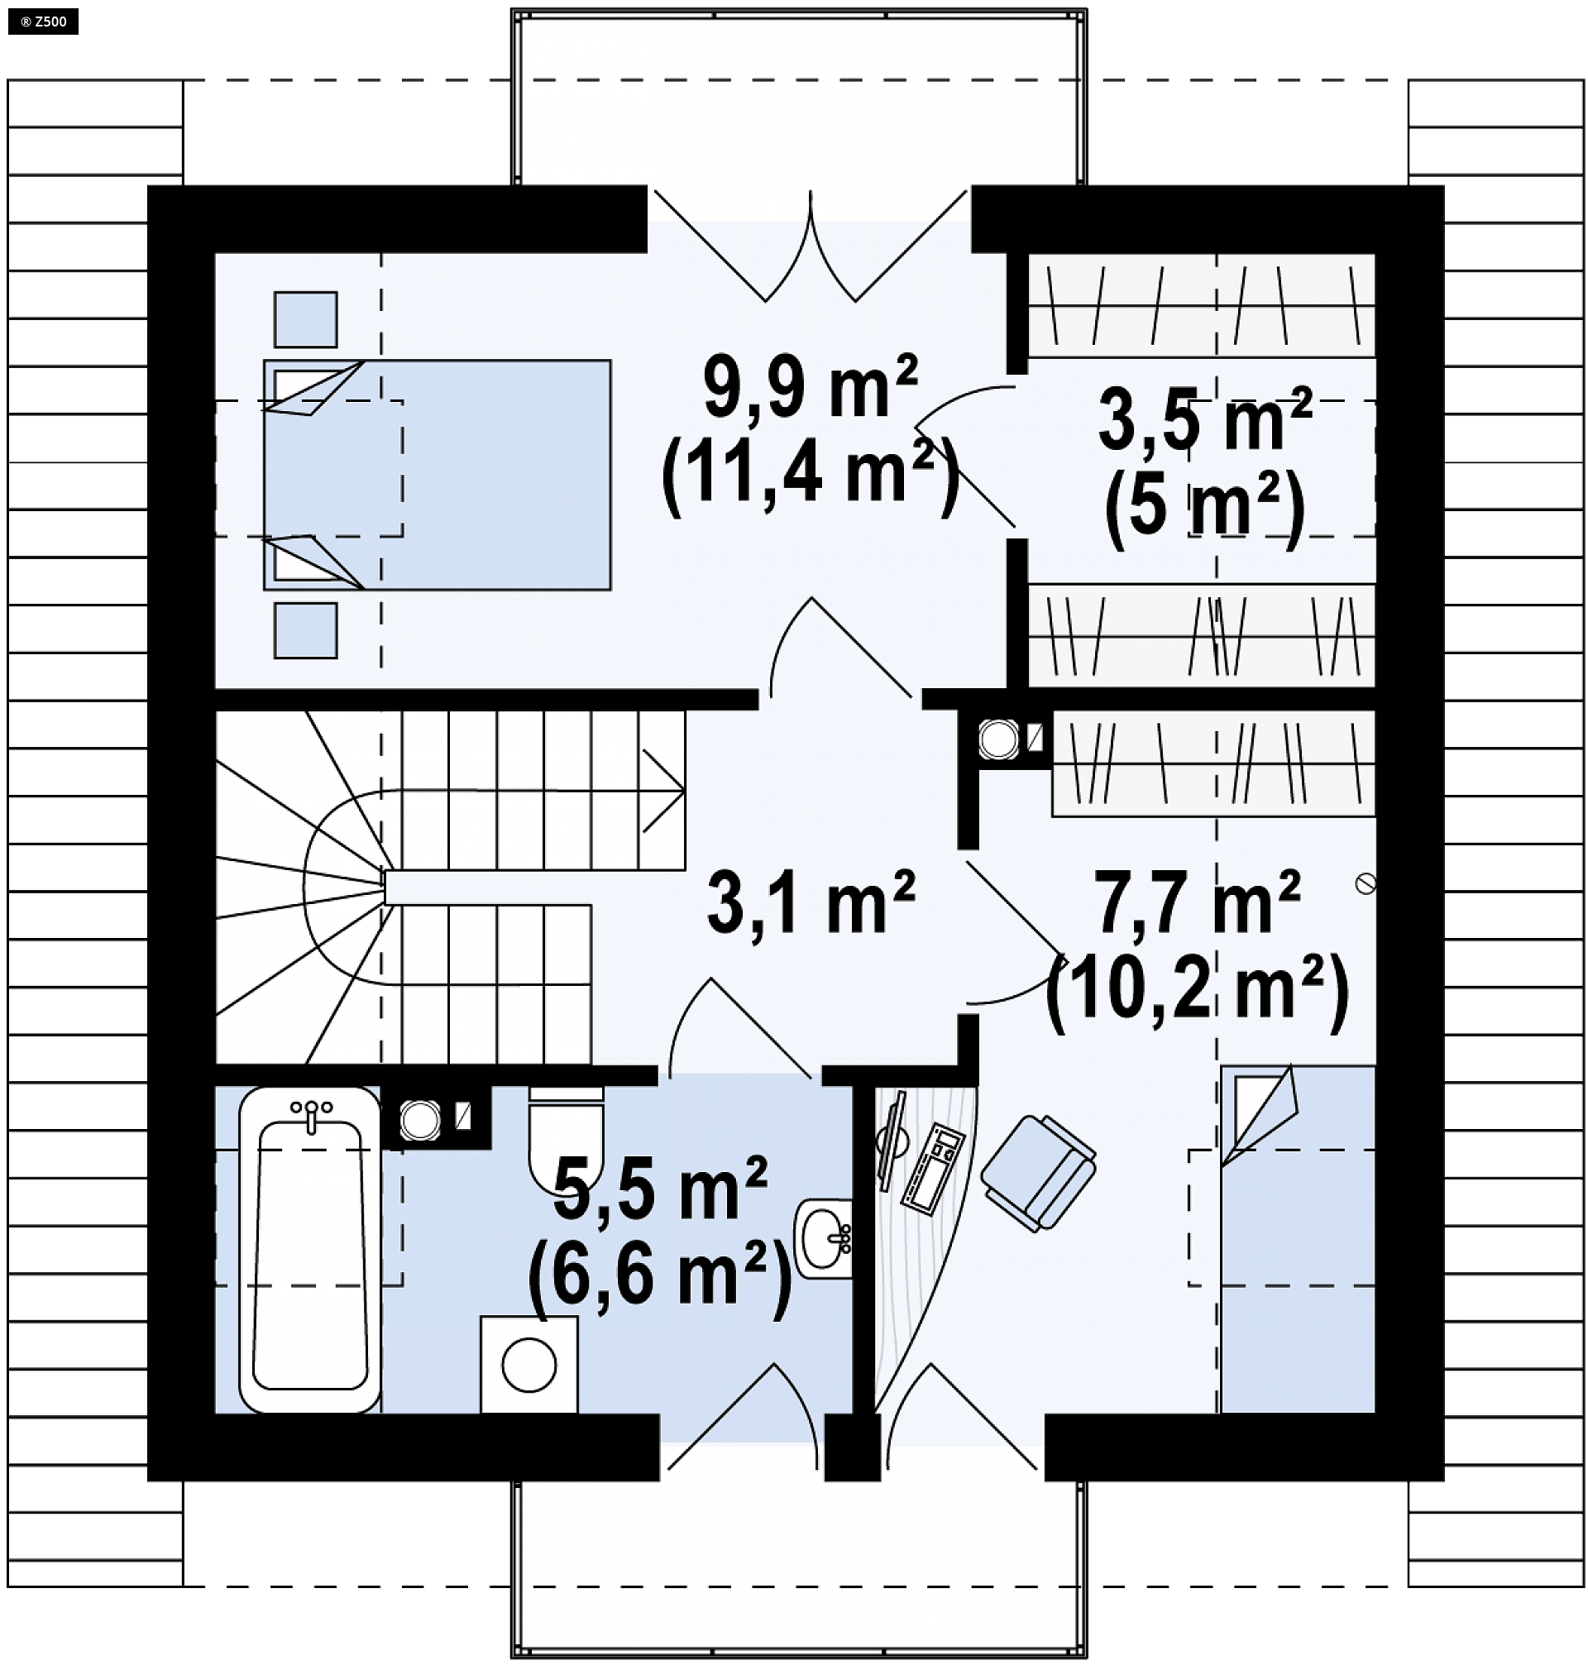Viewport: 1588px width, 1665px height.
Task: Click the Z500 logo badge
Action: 43,22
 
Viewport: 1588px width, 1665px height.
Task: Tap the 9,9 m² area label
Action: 810,388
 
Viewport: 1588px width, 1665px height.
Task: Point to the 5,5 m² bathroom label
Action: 660,1187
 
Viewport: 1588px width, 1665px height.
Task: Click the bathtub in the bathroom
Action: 310,1248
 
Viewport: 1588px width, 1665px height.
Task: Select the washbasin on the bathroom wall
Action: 823,1237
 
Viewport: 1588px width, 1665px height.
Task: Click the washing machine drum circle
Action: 529,1365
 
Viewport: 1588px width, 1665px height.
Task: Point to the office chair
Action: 1039,1172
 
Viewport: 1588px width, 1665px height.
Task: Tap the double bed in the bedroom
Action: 437,475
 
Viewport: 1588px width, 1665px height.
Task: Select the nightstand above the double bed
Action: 305,319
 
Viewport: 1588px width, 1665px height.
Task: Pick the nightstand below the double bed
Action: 305,629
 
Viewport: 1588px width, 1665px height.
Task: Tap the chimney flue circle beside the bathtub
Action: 420,1120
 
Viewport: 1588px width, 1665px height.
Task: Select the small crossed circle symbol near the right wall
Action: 1365,883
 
